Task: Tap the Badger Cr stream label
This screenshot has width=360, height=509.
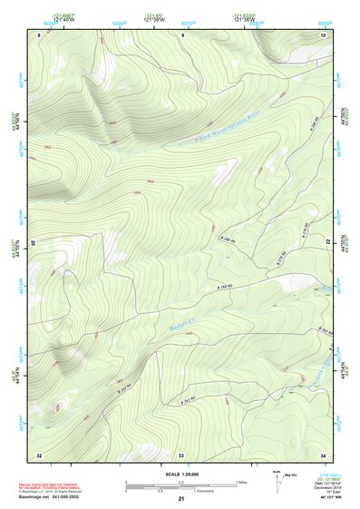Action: coord(184,320)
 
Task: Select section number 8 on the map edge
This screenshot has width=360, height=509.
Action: coord(39,34)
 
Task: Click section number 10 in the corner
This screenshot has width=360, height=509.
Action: coord(324,34)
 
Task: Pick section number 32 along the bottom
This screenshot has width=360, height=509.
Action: coord(39,453)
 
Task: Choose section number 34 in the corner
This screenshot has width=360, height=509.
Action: coord(324,453)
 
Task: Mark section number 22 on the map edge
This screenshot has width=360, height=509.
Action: coord(327,243)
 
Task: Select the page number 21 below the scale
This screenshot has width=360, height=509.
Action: coord(181,500)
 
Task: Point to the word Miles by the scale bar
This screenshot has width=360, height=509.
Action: coord(241,481)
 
